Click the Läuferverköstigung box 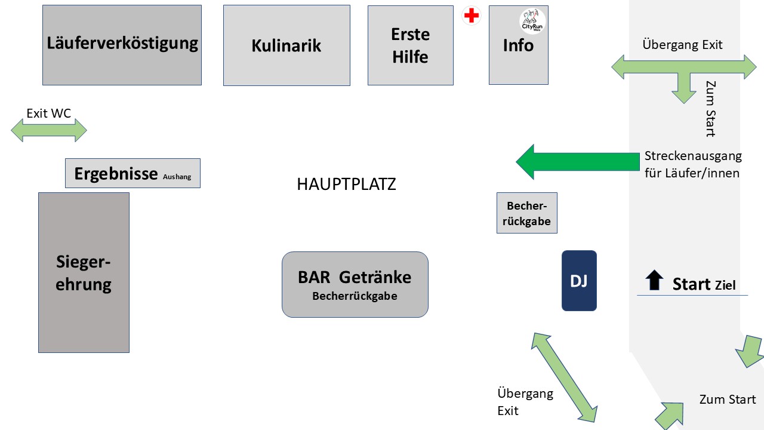(122, 45)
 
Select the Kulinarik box (286, 45)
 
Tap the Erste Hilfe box (410, 45)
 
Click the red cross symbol (472, 16)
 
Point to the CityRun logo (532, 21)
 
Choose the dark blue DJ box (579, 281)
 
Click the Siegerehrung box (84, 272)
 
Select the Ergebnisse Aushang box (133, 173)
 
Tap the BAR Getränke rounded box (355, 284)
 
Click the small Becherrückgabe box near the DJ (527, 213)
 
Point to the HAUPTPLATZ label (346, 185)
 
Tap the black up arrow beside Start (655, 280)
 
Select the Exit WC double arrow (49, 130)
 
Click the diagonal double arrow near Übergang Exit (565, 377)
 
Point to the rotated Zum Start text (710, 109)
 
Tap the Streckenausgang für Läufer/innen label (692, 164)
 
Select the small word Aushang (177, 177)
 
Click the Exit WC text (49, 113)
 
